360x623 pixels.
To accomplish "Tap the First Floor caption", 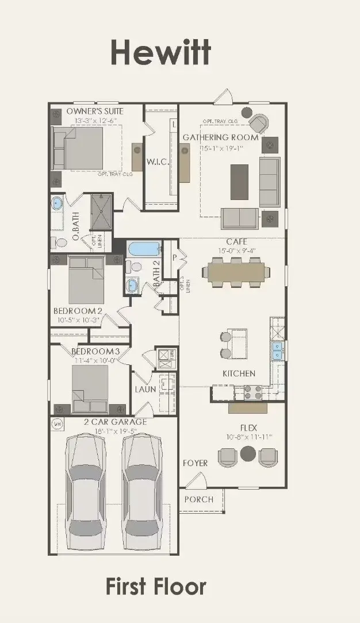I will [x=156, y=587].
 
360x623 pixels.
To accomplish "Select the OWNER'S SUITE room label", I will [x=95, y=111].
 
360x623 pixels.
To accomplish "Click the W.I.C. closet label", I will [x=158, y=162].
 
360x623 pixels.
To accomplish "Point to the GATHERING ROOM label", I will [x=220, y=137].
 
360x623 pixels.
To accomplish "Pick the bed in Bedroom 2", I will [x=86, y=280].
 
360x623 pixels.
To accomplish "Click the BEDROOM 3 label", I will [x=95, y=352].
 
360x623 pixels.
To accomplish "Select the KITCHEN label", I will [x=239, y=374].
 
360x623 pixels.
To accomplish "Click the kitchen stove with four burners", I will [x=253, y=392].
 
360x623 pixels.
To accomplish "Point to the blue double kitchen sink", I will [x=278, y=351].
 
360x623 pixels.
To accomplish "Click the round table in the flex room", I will [x=248, y=453].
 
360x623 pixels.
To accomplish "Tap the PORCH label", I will [x=198, y=499].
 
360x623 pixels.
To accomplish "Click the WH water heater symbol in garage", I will [x=57, y=424].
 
